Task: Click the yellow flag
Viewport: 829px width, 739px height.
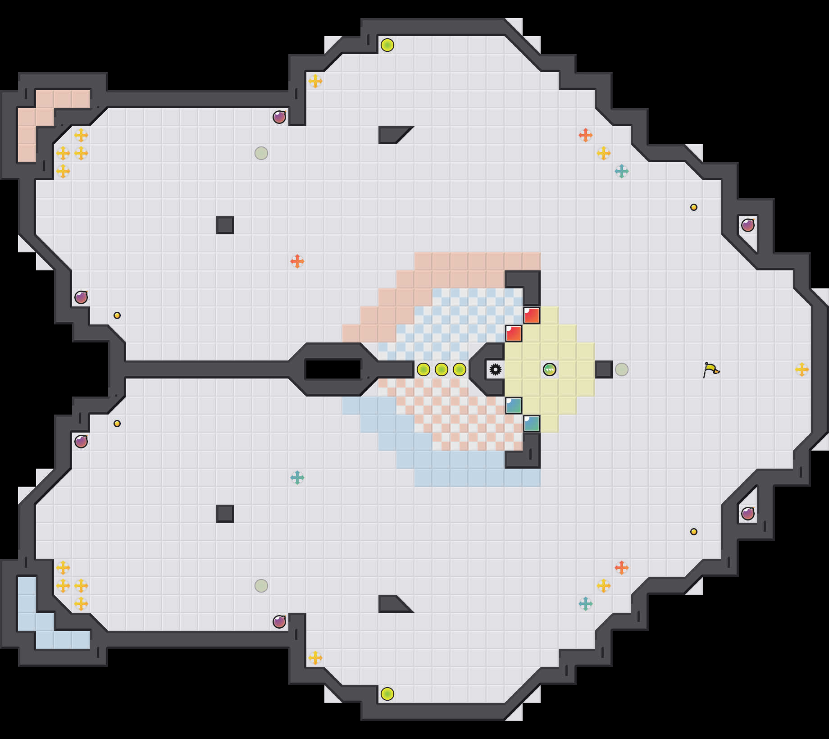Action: tap(711, 369)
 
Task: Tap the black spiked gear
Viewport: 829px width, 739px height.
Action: tap(495, 369)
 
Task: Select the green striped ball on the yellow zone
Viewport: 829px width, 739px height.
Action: tap(549, 369)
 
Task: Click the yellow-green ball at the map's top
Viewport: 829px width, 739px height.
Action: tap(387, 45)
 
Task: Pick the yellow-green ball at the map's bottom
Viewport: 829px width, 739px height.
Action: tap(387, 694)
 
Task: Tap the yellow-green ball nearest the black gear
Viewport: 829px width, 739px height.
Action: tap(459, 369)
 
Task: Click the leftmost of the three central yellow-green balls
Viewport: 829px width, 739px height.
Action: tap(423, 369)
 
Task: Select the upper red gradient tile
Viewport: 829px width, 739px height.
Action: tap(532, 315)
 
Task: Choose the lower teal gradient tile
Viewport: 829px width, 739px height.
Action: tap(532, 424)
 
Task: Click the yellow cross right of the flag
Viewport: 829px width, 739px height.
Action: tap(802, 369)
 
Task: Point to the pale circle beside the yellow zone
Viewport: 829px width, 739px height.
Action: tap(621, 369)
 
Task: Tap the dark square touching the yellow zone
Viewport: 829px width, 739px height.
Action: tap(603, 369)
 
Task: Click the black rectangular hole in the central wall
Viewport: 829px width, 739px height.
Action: tap(333, 369)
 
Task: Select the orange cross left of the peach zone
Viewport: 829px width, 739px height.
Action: tap(297, 261)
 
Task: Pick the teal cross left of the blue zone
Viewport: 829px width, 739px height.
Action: tap(297, 478)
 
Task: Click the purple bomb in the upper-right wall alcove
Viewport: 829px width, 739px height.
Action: tap(748, 225)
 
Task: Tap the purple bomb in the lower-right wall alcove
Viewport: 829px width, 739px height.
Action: tap(748, 513)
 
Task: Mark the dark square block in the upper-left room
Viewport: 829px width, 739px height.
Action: tap(225, 225)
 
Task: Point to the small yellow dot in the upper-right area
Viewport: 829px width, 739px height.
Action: tap(694, 207)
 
